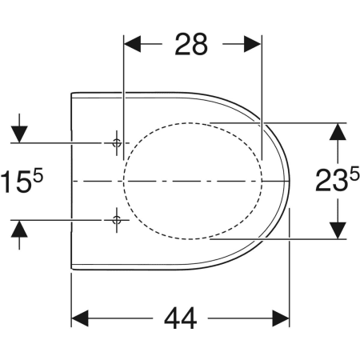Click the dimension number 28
[x=191, y=44]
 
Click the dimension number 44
[x=181, y=318]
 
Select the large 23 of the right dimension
[x=330, y=181]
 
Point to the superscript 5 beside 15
[x=38, y=177]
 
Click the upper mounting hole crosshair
[x=117, y=143]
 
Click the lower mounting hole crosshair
[x=117, y=220]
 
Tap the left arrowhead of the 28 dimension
[x=133, y=44]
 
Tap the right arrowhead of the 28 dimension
[x=253, y=44]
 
